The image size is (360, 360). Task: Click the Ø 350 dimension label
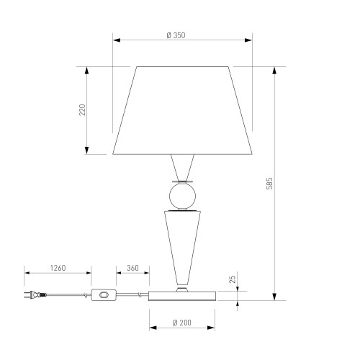[x=176, y=35]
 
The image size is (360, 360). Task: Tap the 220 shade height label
[x=82, y=110]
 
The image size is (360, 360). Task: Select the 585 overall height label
[x=269, y=184]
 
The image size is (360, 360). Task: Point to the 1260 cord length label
[x=58, y=268]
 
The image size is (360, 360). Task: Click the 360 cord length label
[x=132, y=268]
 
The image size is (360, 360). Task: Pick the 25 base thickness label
[x=233, y=279]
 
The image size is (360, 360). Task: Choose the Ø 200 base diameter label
[x=182, y=323]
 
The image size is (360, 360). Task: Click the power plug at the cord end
[x=35, y=294]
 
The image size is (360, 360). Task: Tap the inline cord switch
[x=104, y=294]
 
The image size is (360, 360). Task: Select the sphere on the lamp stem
[x=182, y=196]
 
